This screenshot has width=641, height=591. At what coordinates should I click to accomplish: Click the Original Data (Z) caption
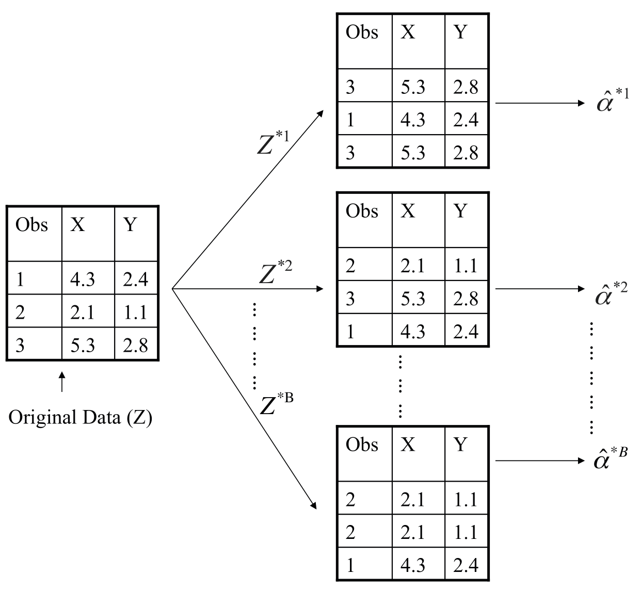tap(80, 417)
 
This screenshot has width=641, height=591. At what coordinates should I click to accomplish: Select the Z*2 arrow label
tap(275, 273)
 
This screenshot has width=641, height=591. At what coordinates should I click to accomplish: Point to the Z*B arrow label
tap(276, 404)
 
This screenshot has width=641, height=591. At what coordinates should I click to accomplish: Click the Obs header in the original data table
tap(31, 225)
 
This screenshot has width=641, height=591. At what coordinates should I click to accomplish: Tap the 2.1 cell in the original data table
tap(83, 312)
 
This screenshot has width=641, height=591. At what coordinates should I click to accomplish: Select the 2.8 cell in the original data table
tap(135, 345)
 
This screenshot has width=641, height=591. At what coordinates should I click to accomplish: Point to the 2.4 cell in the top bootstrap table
tap(466, 120)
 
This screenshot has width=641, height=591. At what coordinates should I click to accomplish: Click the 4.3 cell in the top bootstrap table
tap(413, 120)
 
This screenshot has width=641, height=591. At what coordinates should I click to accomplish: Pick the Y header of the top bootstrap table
tap(460, 32)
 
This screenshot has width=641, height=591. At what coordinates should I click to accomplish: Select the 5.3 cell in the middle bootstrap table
tap(413, 299)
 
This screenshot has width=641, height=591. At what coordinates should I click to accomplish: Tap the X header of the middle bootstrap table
tap(408, 211)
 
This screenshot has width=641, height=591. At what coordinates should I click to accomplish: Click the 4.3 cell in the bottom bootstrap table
tap(413, 565)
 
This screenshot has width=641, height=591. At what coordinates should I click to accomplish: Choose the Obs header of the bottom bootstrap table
tap(362, 444)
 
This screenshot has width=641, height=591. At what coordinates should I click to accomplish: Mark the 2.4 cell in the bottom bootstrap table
tap(466, 565)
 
